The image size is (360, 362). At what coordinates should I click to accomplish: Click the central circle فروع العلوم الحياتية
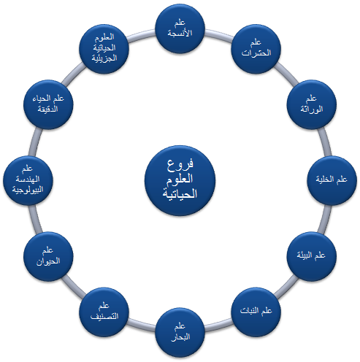(x=180, y=180)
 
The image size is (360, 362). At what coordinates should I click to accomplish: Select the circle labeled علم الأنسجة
(x=180, y=28)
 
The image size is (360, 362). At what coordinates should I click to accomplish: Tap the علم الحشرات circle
(x=256, y=49)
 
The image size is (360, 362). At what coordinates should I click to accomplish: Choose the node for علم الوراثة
(x=312, y=104)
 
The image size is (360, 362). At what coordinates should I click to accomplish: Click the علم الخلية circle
(x=332, y=180)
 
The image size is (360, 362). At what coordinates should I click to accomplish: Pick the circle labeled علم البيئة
(x=312, y=256)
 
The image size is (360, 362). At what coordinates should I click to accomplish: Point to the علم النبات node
(x=256, y=312)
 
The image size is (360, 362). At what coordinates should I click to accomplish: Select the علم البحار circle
(x=180, y=332)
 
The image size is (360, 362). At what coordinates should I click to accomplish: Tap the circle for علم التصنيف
(x=104, y=312)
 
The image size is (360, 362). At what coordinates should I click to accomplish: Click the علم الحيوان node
(x=48, y=256)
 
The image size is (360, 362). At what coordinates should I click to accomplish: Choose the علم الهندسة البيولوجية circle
(x=28, y=180)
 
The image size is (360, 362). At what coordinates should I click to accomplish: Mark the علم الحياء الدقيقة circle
(x=48, y=104)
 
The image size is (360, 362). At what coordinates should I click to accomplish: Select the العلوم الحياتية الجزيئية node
(x=104, y=49)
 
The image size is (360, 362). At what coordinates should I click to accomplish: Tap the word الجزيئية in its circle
(x=104, y=58)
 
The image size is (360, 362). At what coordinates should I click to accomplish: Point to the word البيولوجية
(x=28, y=190)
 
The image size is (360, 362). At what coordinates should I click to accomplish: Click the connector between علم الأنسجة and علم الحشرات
(x=218, y=35)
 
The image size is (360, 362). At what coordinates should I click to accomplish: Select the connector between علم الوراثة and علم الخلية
(x=326, y=142)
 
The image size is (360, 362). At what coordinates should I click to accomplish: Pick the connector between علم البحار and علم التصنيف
(x=142, y=326)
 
